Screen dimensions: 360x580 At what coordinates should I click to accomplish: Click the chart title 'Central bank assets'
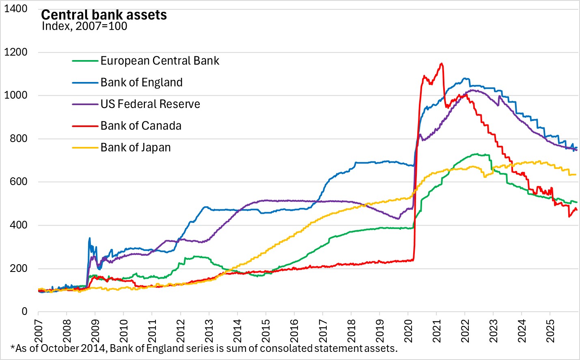(x=104, y=15)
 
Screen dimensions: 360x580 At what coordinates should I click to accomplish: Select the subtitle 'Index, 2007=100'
(x=84, y=26)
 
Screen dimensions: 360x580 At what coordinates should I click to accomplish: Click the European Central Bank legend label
(x=160, y=61)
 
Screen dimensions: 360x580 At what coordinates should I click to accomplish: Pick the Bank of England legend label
(x=141, y=82)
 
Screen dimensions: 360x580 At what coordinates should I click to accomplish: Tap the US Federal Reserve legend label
(x=150, y=104)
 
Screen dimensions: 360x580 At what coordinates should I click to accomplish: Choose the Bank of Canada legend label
(x=141, y=126)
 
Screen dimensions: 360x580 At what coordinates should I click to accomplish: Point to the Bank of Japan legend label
(x=136, y=147)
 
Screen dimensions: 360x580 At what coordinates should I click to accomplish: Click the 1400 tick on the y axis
(x=15, y=9)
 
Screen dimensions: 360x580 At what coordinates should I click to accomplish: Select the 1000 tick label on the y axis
(x=15, y=95)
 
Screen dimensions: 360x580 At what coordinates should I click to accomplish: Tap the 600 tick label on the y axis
(x=18, y=182)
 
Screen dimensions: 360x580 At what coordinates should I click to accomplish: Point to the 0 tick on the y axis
(x=24, y=312)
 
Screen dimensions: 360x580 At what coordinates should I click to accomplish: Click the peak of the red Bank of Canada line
(x=442, y=64)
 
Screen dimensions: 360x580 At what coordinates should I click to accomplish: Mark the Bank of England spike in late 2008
(x=89, y=238)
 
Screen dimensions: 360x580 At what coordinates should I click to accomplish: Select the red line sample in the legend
(x=85, y=126)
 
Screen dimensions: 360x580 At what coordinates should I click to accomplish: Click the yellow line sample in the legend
(x=85, y=148)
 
